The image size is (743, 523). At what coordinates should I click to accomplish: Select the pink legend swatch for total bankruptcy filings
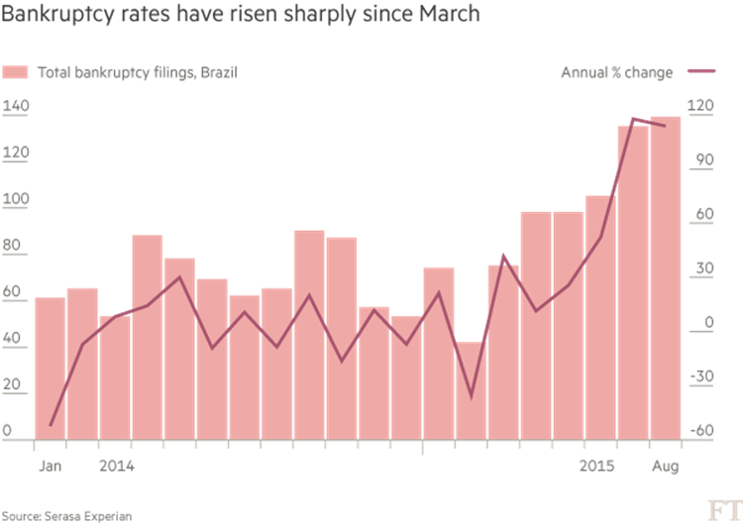[17, 73]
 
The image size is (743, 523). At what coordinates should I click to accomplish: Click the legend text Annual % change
[616, 73]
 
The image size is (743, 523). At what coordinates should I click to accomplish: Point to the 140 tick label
[17, 106]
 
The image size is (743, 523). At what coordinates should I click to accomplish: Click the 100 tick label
[17, 198]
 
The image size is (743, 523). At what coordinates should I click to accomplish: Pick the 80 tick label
[14, 245]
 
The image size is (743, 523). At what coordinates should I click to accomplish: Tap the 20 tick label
[14, 383]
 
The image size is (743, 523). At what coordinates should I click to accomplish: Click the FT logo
[720, 510]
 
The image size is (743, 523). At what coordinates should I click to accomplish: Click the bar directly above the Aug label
[665, 277]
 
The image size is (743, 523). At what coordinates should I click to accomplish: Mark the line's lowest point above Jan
[51, 425]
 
